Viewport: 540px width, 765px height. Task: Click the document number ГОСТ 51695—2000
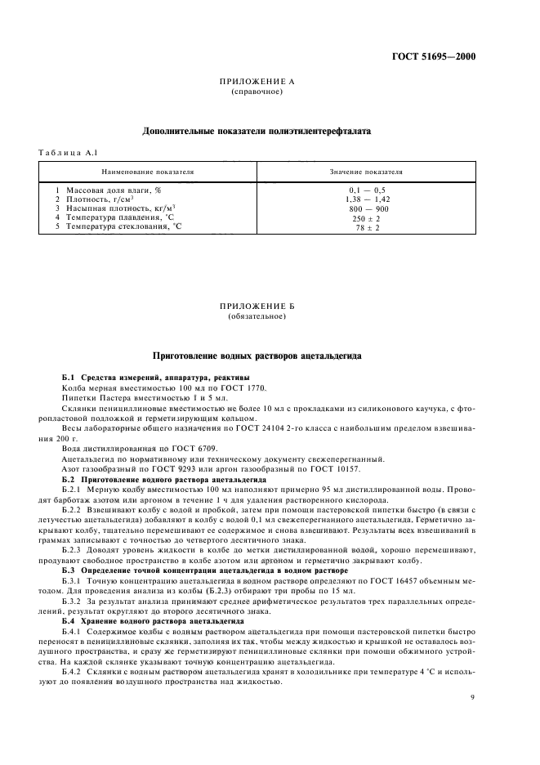click(433, 57)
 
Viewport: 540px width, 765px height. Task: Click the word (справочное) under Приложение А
click(257, 92)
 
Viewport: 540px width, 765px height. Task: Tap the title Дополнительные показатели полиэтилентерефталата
click(257, 130)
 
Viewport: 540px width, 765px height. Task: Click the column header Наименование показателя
click(147, 173)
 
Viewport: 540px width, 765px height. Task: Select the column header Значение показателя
click(365, 173)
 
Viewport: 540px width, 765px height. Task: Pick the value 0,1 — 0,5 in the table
click(365, 190)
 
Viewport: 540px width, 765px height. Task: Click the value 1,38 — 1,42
click(365, 199)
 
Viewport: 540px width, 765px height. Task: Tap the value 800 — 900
click(365, 208)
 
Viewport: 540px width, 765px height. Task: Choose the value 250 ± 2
click(365, 218)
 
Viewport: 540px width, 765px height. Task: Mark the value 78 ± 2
click(365, 227)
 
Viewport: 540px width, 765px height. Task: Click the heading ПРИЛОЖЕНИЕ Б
click(257, 306)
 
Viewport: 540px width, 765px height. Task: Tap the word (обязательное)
click(257, 315)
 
